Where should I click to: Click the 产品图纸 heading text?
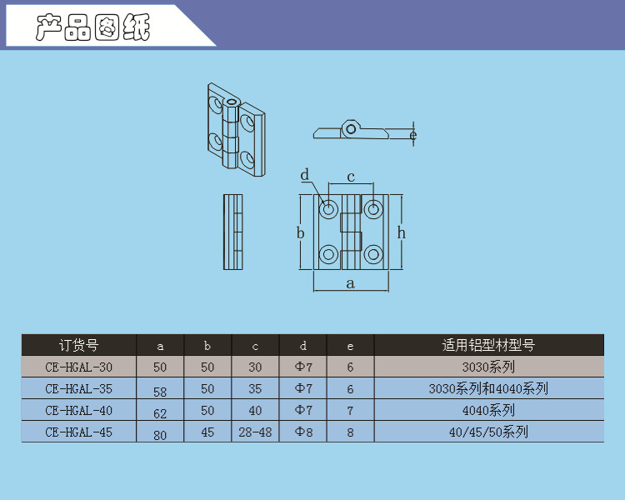point(93,27)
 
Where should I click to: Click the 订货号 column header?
point(79,345)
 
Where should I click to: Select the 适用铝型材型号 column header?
point(488,345)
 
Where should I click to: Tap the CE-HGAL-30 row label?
point(79,367)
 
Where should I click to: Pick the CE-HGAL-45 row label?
point(79,432)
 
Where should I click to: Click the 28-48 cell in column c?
point(255,432)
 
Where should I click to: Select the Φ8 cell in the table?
point(303,432)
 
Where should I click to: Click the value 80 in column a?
point(160,433)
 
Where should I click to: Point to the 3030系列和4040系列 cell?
point(488,388)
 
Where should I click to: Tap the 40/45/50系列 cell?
point(488,432)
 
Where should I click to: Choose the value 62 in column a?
point(160,412)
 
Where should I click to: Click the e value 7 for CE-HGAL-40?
point(350,410)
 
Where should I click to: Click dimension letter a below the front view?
point(351,284)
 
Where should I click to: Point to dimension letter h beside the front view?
point(401,233)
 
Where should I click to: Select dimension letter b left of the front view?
point(301,233)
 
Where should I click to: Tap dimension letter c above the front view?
point(351,177)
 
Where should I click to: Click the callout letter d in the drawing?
point(305,175)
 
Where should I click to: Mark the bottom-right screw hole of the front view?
point(372,253)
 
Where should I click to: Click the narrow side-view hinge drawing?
point(234,232)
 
